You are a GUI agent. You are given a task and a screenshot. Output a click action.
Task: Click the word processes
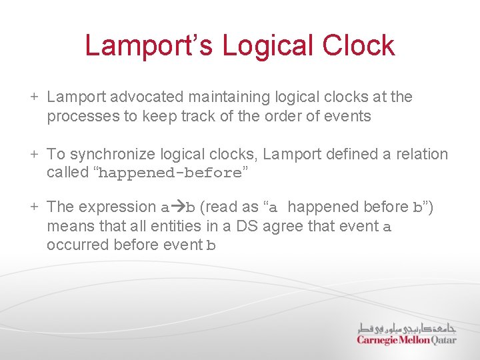80,117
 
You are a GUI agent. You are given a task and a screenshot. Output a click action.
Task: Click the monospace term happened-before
169,173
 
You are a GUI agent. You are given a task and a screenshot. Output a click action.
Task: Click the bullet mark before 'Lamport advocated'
33,97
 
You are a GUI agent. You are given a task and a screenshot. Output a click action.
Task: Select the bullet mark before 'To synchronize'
33,155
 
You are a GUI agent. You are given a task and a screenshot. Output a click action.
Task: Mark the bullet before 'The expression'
33,207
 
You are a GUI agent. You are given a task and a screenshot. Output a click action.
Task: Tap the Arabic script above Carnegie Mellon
407,328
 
